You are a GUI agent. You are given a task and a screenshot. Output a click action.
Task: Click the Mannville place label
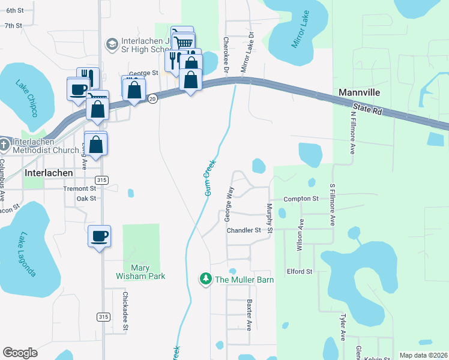(361, 93)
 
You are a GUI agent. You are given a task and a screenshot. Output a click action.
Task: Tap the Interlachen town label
(49, 172)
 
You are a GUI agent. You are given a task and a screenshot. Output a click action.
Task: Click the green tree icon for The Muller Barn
(206, 279)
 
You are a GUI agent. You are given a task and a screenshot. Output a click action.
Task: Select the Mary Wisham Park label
(140, 272)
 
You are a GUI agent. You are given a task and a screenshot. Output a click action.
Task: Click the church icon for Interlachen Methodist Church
(5, 145)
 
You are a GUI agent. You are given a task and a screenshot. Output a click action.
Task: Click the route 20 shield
(153, 99)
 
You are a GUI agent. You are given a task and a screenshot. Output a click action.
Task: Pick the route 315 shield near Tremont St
(102, 180)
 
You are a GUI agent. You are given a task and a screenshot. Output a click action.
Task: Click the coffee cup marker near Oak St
(99, 236)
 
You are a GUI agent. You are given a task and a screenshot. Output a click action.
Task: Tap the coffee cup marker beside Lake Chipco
(77, 89)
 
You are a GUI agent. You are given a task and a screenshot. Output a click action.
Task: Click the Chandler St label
(244, 230)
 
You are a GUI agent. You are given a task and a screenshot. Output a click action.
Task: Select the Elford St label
(300, 271)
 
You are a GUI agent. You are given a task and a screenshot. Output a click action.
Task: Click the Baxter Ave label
(249, 316)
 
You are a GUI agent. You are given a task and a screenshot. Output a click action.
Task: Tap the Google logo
(20, 353)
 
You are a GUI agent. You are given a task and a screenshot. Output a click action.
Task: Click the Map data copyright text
(423, 355)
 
